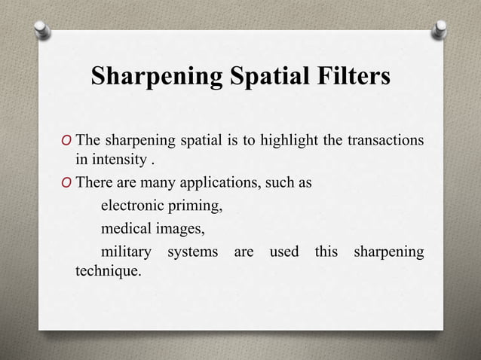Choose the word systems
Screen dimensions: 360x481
193,252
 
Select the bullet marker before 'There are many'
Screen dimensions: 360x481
69,183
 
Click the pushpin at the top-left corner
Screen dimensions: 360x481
42,29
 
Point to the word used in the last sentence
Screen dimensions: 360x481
284,251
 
